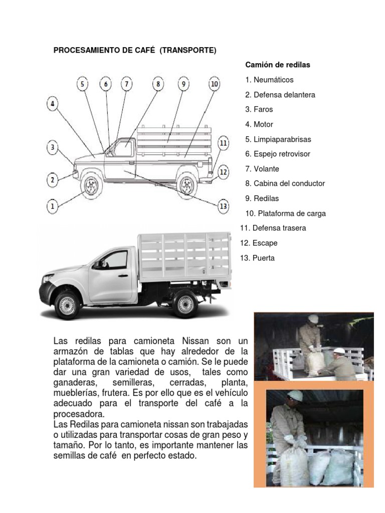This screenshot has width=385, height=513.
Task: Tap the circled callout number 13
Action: click(x=223, y=206)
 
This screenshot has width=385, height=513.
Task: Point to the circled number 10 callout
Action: click(x=214, y=84)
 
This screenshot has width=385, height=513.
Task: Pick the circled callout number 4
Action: click(x=52, y=105)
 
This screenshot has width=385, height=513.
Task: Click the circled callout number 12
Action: click(x=223, y=172)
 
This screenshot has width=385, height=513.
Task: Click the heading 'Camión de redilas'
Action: click(x=278, y=65)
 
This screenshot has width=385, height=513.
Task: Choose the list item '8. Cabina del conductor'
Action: click(x=285, y=183)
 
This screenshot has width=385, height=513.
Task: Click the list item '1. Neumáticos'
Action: click(x=269, y=80)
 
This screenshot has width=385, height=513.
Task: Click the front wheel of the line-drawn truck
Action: click(x=91, y=186)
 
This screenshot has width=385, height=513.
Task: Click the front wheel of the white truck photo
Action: click(x=67, y=305)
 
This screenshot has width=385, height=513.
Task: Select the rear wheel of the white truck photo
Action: click(x=185, y=304)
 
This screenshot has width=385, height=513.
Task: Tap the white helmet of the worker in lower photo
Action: click(x=295, y=396)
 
